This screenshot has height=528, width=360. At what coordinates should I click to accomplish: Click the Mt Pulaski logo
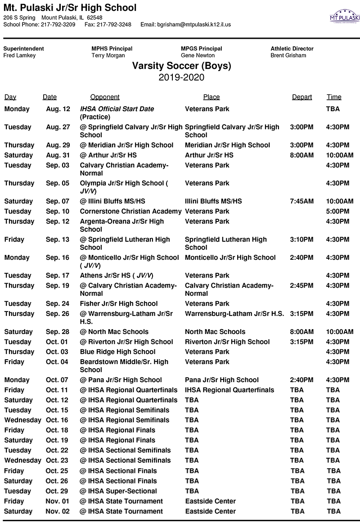345,16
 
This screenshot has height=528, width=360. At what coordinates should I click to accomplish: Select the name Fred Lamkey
19,55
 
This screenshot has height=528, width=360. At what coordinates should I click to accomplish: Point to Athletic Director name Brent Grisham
288,55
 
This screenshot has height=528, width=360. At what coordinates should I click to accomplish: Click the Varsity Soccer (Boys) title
181,66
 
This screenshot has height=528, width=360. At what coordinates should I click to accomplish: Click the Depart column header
301,97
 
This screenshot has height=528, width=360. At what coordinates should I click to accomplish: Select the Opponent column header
105,97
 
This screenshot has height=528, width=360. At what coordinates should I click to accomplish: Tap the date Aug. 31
58,155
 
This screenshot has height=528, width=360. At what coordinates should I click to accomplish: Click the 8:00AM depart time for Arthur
301,155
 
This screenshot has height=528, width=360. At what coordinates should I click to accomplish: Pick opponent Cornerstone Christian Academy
130,211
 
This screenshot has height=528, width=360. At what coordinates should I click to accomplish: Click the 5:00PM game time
337,211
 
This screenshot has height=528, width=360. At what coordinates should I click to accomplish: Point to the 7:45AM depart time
301,201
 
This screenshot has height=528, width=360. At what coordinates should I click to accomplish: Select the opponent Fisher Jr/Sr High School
119,303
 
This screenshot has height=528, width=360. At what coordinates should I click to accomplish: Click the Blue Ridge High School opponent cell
117,352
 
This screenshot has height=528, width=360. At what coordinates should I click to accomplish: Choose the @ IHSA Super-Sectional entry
118,491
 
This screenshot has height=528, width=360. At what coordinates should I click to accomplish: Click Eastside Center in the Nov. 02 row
210,511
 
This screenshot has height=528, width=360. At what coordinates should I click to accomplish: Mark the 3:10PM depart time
301,239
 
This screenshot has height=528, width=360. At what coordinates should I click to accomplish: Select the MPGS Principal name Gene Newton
198,55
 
